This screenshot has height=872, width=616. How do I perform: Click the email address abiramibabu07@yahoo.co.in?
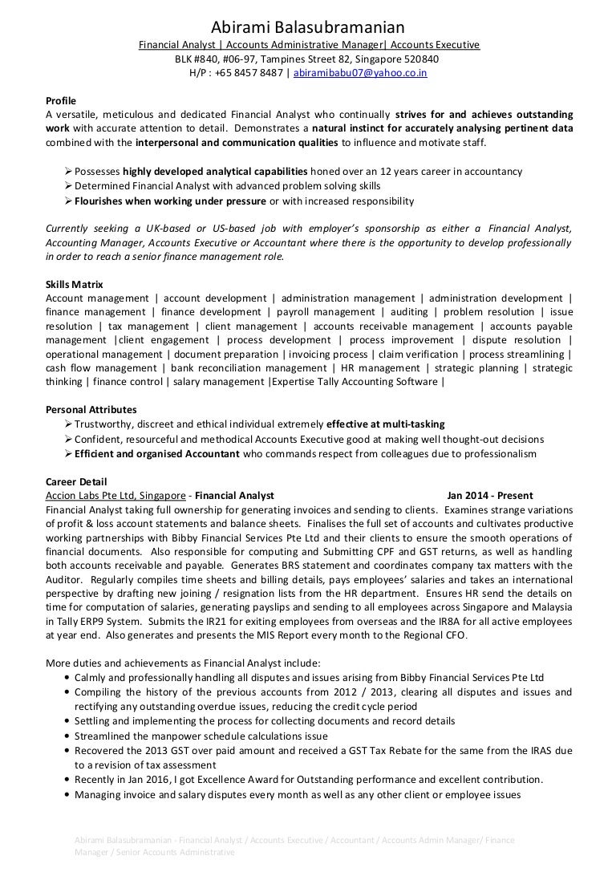361,72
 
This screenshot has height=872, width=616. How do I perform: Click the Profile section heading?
62,100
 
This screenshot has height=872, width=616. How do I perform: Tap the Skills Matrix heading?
75,285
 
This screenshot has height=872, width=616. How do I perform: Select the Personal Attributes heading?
91,409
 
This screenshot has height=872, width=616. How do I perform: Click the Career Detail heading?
76,481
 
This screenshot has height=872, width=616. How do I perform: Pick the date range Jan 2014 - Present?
490,496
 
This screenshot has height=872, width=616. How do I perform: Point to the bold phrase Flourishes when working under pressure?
170,201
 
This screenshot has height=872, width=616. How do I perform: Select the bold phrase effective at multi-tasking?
386,424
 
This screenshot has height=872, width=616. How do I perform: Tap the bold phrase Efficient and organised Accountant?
157,453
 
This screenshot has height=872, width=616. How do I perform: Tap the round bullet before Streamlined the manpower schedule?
65,736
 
